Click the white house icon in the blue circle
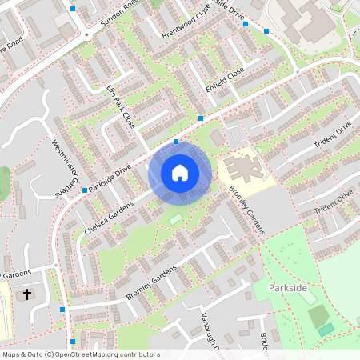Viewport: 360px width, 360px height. coord(180,172)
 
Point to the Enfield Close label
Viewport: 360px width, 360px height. coord(225,78)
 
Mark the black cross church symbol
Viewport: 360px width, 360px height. coord(26,294)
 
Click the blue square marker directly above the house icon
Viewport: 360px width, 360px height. coord(176,142)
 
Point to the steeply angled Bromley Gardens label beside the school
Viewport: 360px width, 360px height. coord(246,211)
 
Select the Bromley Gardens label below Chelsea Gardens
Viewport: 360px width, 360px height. coord(153,283)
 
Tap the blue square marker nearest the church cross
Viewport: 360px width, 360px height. coord(62,309)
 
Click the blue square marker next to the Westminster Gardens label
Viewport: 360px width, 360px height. coord(84,190)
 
